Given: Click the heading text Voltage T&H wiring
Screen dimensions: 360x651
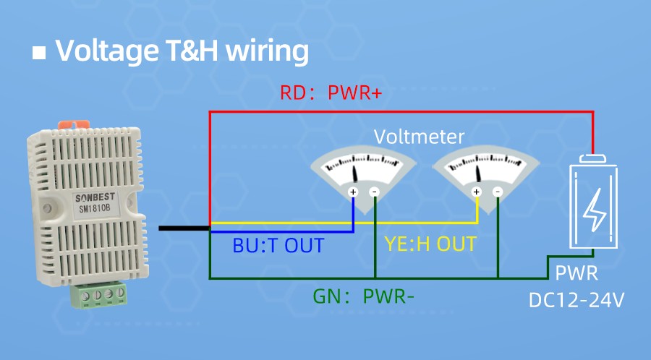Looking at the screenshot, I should (x=182, y=51).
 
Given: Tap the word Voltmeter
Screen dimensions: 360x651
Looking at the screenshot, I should (x=419, y=137).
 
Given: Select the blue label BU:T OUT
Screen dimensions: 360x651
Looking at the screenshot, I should (x=278, y=245).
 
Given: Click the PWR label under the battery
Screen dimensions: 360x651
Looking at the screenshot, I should (x=576, y=274).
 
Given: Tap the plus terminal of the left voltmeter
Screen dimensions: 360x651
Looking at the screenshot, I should (x=353, y=192).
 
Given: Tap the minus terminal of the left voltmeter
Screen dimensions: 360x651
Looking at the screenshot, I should (x=375, y=192).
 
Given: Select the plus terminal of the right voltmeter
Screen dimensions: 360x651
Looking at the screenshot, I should (x=476, y=192).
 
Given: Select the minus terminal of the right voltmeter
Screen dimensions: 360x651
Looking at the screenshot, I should (x=498, y=192).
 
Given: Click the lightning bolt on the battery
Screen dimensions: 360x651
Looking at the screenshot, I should (x=595, y=210).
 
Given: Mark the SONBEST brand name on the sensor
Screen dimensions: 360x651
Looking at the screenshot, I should (x=95, y=197).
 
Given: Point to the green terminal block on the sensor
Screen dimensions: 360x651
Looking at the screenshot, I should (x=101, y=295).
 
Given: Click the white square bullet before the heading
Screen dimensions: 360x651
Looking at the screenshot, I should (x=40, y=53).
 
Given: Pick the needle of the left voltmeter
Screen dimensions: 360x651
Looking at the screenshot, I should (x=355, y=174).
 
